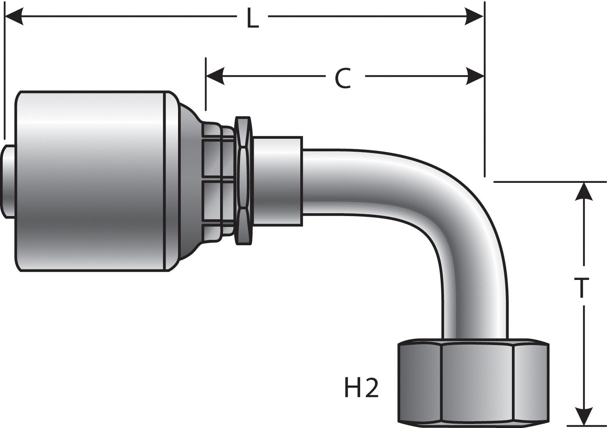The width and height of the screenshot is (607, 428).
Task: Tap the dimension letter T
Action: [582, 287]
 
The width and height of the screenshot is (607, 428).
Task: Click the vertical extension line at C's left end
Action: [206, 85]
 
